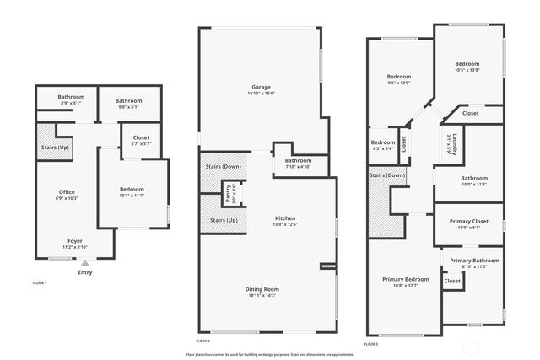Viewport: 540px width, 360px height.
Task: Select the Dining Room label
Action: click(x=264, y=289)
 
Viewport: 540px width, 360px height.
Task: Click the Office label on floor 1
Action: click(x=67, y=192)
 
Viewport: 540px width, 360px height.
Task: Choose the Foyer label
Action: click(x=75, y=240)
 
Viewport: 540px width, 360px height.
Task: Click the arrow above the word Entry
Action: click(x=84, y=263)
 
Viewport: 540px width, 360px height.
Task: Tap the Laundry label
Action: click(x=454, y=142)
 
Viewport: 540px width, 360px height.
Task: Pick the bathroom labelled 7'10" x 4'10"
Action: click(x=298, y=160)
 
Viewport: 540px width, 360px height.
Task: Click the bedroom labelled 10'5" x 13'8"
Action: click(x=467, y=64)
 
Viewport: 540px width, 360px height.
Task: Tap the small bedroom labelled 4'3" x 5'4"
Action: click(x=383, y=142)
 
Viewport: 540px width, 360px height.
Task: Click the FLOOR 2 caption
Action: click(x=202, y=341)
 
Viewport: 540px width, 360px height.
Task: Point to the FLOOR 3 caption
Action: click(x=371, y=344)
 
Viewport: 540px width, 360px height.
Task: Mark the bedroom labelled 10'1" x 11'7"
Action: click(x=132, y=191)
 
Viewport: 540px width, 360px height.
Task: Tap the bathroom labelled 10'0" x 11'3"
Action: click(x=473, y=178)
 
